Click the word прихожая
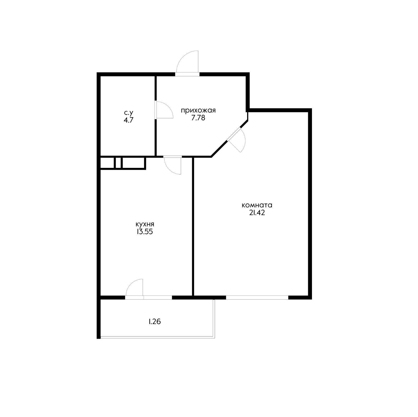click(198, 110)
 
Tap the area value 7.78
click(198, 118)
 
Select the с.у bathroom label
click(129, 113)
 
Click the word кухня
click(145, 224)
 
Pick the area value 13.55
click(145, 232)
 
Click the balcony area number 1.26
click(155, 322)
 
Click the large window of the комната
click(257, 297)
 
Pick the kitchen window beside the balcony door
click(158, 297)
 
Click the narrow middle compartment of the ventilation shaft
click(118, 163)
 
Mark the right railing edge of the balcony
click(214, 319)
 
